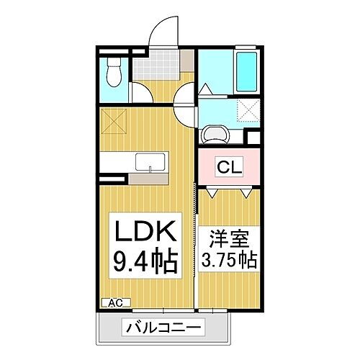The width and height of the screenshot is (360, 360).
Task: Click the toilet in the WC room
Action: click(112, 72)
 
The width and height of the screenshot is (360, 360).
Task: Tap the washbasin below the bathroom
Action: click(215, 134)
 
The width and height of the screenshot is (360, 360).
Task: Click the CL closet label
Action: click(230, 168)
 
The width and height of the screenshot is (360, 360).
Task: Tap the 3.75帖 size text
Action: click(230, 257)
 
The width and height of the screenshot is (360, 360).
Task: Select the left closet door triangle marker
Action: click(214, 193)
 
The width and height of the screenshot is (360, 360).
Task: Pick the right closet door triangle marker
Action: click(246, 193)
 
